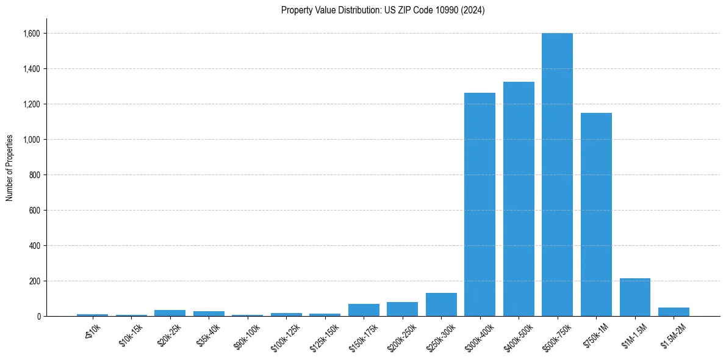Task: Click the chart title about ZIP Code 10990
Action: [383, 10]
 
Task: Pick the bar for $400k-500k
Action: [519, 199]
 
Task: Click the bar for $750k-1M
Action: [596, 214]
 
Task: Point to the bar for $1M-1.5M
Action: [634, 297]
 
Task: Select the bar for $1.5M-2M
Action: [674, 312]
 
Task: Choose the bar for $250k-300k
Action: [441, 304]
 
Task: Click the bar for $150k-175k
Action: [364, 310]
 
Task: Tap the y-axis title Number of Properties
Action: [10, 168]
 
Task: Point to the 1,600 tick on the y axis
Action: [32, 34]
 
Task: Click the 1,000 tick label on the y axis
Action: [32, 140]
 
